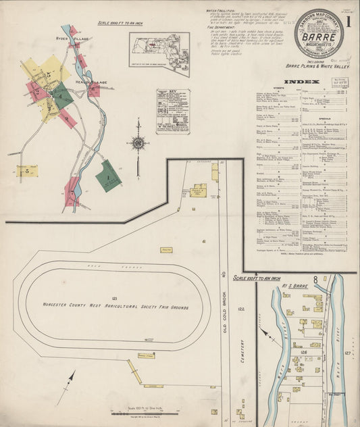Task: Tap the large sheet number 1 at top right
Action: [x=349, y=21]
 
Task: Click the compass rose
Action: [x=138, y=143]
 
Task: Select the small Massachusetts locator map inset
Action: [x=159, y=53]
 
